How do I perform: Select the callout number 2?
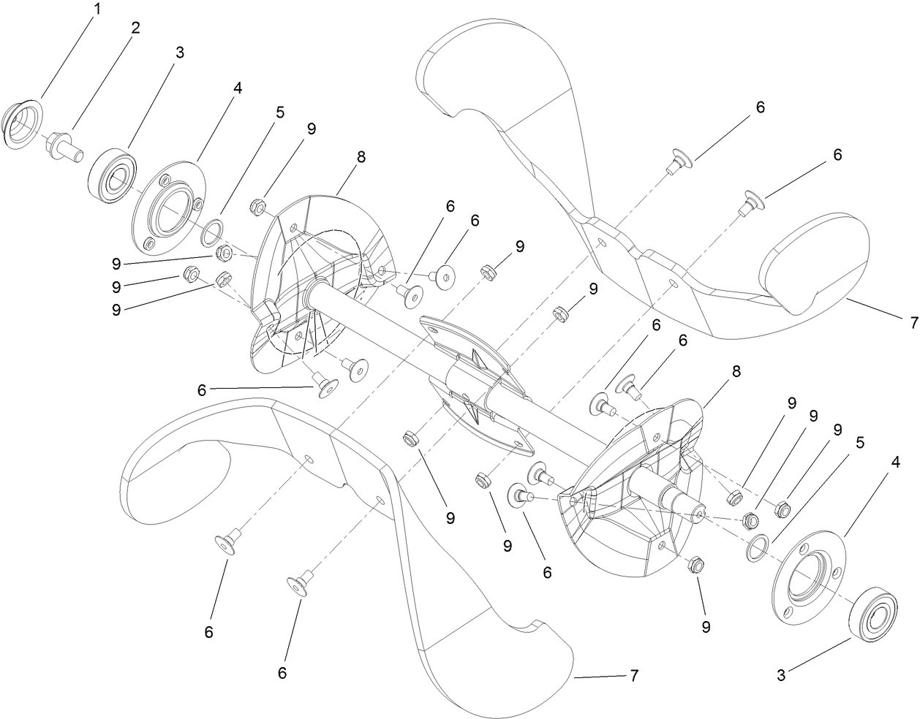click(135, 29)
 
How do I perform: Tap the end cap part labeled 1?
click(23, 122)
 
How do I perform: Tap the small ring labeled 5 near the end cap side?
click(211, 232)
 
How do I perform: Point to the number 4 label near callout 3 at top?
click(237, 88)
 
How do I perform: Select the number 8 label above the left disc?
click(362, 156)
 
